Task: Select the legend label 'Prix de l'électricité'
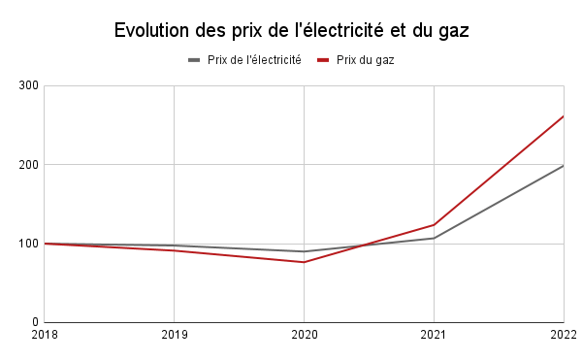[x=254, y=60]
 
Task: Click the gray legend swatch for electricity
[x=194, y=60]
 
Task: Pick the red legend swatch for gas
[x=323, y=60]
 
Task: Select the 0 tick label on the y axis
[x=34, y=322]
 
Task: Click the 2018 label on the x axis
[x=45, y=337]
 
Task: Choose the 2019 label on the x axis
[x=174, y=337]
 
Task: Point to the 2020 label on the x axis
[x=304, y=337]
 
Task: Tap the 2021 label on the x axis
[x=434, y=337]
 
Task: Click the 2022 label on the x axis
[x=562, y=337]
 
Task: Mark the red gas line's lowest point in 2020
[x=304, y=262]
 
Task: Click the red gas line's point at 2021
[x=434, y=224]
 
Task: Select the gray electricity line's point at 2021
[x=434, y=238]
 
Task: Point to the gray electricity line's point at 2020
[x=304, y=251]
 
